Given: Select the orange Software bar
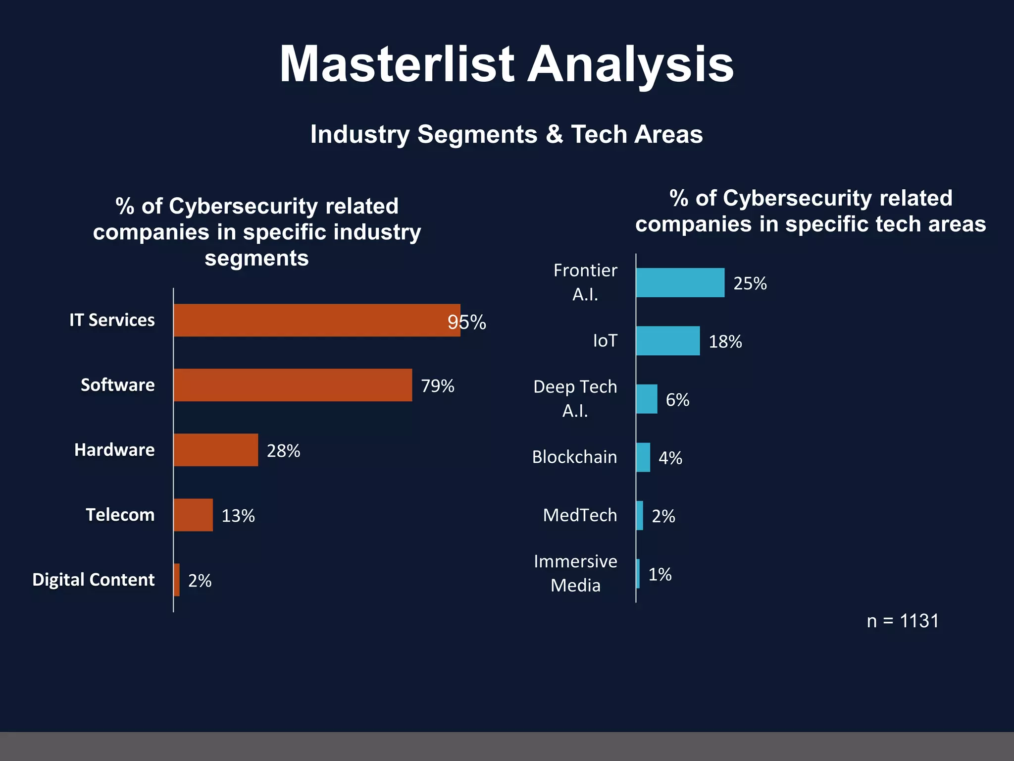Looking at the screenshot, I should tap(293, 385).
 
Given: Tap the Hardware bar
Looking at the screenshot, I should tap(216, 450).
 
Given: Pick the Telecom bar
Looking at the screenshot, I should tap(193, 515).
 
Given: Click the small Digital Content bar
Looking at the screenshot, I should tap(177, 580).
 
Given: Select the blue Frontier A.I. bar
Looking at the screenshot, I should tap(680, 282).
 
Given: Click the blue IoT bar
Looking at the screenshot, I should tap(668, 341).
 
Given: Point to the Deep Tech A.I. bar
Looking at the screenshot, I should tap(647, 399).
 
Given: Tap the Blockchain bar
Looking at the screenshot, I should tap(643, 457).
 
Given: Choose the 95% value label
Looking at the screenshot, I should tap(466, 323).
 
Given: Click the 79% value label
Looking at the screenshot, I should tap(438, 386).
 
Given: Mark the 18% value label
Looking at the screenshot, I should tap(725, 341).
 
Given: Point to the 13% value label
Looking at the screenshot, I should tap(238, 516).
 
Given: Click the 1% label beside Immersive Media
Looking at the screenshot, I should tap(660, 574).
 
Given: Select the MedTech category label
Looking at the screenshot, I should tap(580, 515).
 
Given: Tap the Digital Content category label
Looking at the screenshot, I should tap(94, 580).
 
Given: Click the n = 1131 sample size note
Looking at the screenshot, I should tap(903, 621).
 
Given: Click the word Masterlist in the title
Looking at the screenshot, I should tap(397, 64).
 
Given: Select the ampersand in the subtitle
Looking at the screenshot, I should tap(554, 134).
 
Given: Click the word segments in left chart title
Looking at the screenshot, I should tap(256, 258).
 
